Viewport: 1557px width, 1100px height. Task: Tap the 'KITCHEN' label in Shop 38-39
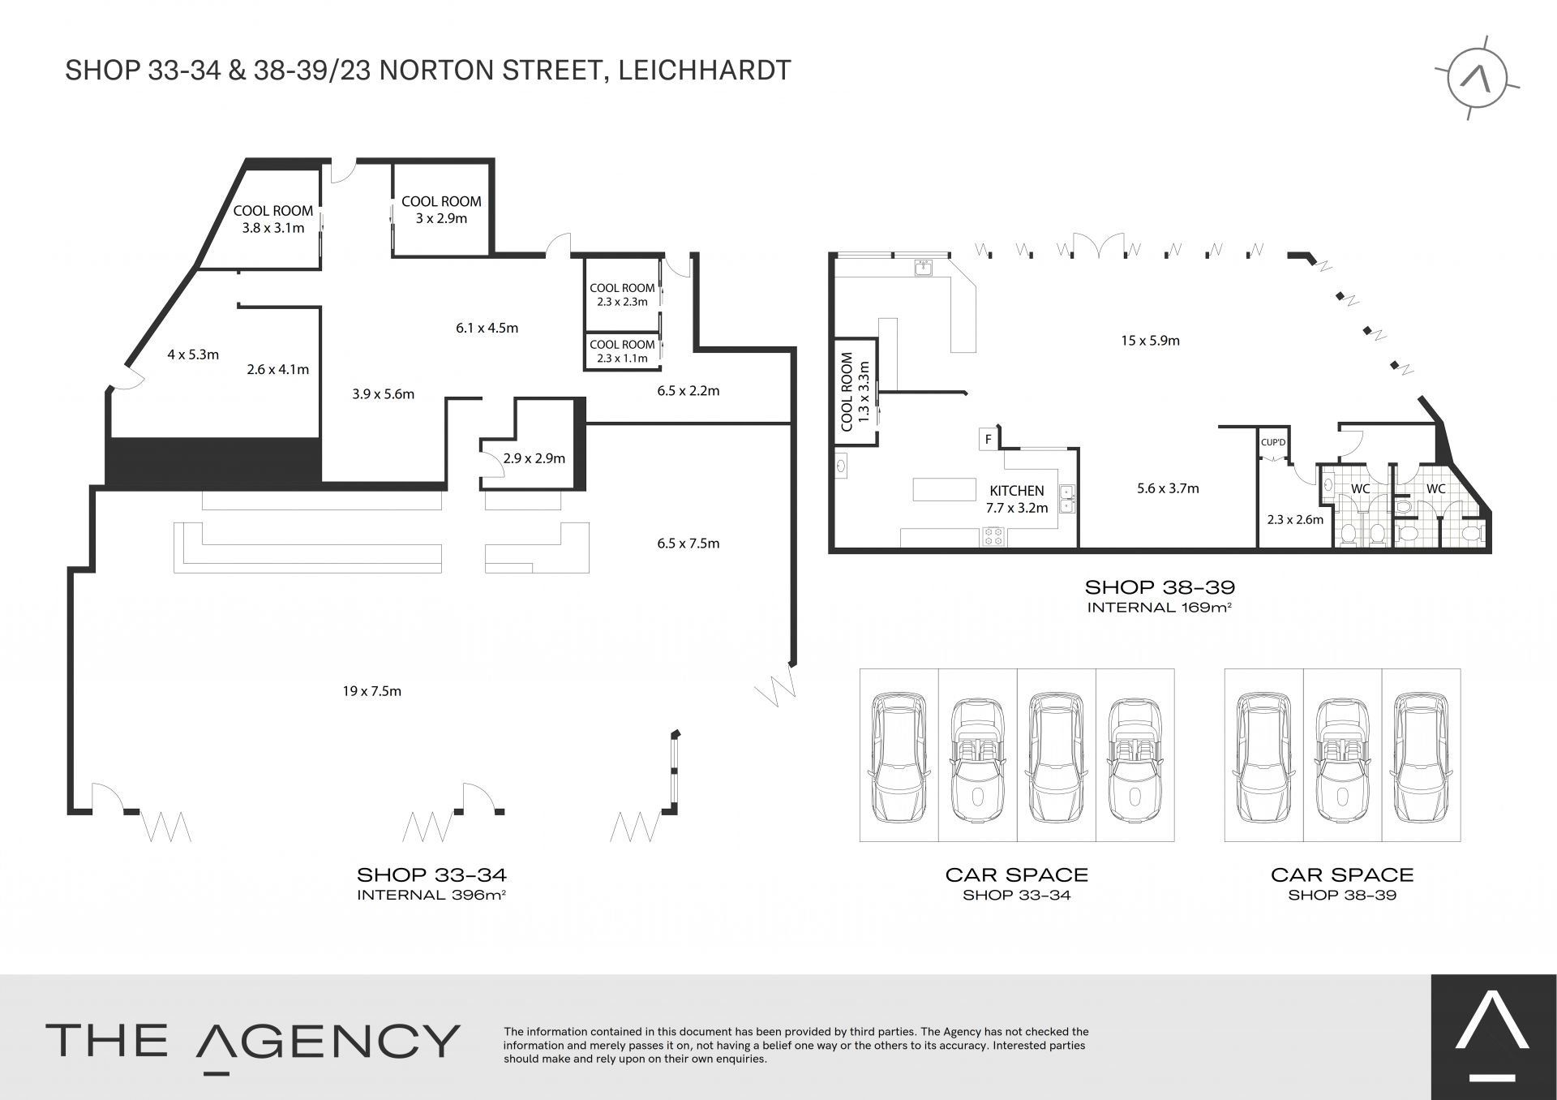tap(1017, 491)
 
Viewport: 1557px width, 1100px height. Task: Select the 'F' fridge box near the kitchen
tap(989, 440)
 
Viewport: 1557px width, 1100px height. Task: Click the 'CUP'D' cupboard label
tap(1273, 442)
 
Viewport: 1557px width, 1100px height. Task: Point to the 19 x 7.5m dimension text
tap(372, 691)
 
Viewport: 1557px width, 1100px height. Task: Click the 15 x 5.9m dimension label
tap(1151, 341)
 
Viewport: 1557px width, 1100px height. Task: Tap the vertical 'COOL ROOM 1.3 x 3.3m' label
tap(855, 391)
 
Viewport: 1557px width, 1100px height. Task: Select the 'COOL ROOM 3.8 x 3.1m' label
tap(273, 219)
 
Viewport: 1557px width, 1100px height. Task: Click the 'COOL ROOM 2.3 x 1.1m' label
tap(622, 351)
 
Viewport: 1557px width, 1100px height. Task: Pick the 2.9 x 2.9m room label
tap(534, 458)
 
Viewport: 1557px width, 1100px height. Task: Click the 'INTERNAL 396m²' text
tap(431, 895)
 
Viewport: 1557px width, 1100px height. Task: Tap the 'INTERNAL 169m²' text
tap(1160, 607)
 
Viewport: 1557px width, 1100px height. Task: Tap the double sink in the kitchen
tap(1067, 497)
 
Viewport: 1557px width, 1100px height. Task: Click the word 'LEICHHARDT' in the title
tap(705, 71)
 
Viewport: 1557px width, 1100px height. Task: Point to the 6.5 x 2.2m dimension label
tap(688, 391)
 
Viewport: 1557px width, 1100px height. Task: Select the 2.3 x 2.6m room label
tap(1295, 520)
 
